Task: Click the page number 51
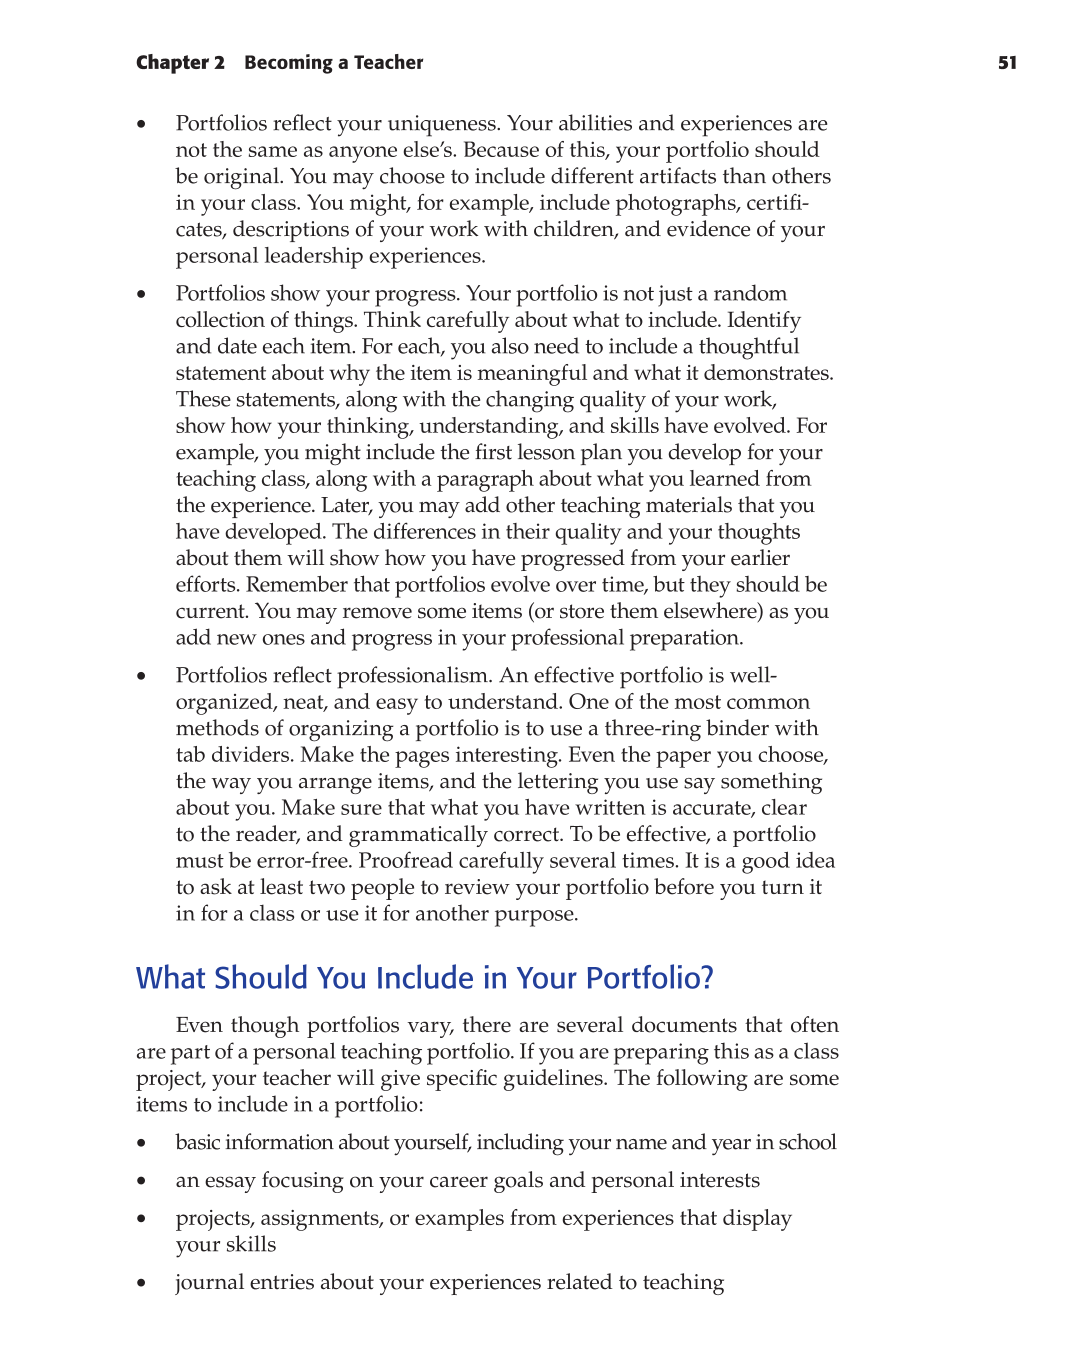coord(1007,63)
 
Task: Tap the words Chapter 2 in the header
coord(180,63)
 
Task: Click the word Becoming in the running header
coord(288,63)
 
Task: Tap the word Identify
coord(763,321)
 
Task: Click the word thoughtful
coord(748,347)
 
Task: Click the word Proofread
coord(405,861)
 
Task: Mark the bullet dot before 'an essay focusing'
coord(142,1182)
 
